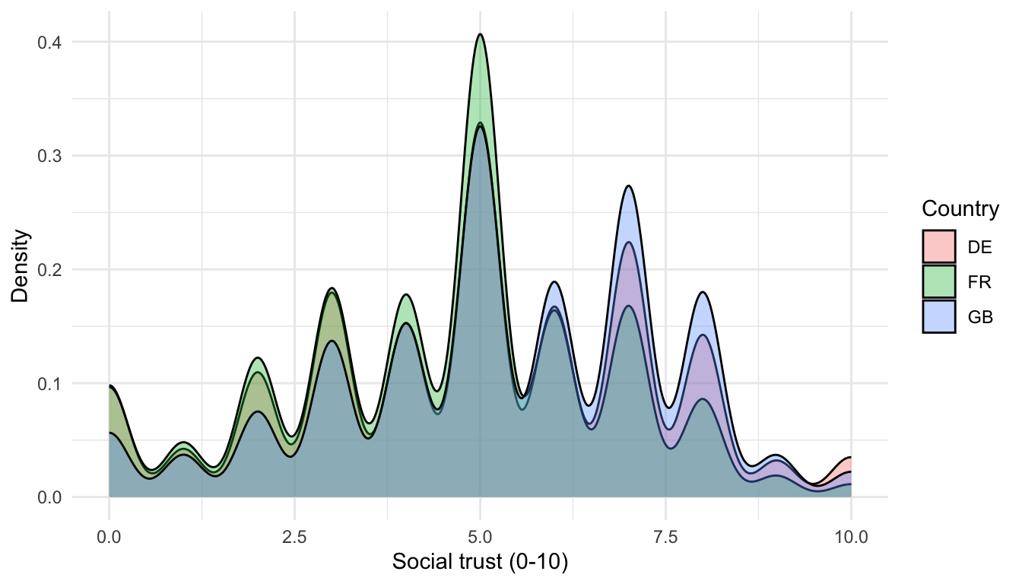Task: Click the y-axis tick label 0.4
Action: (x=49, y=42)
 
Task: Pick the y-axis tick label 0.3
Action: (x=49, y=156)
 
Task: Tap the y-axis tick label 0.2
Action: (x=49, y=270)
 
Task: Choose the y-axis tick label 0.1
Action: (x=49, y=383)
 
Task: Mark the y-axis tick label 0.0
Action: (x=49, y=497)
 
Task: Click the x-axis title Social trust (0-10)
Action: (x=480, y=562)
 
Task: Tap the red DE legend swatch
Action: (x=938, y=246)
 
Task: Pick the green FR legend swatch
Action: (x=938, y=281)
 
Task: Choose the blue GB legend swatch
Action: (x=938, y=316)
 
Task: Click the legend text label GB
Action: (x=980, y=317)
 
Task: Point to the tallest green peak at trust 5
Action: (x=480, y=34)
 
